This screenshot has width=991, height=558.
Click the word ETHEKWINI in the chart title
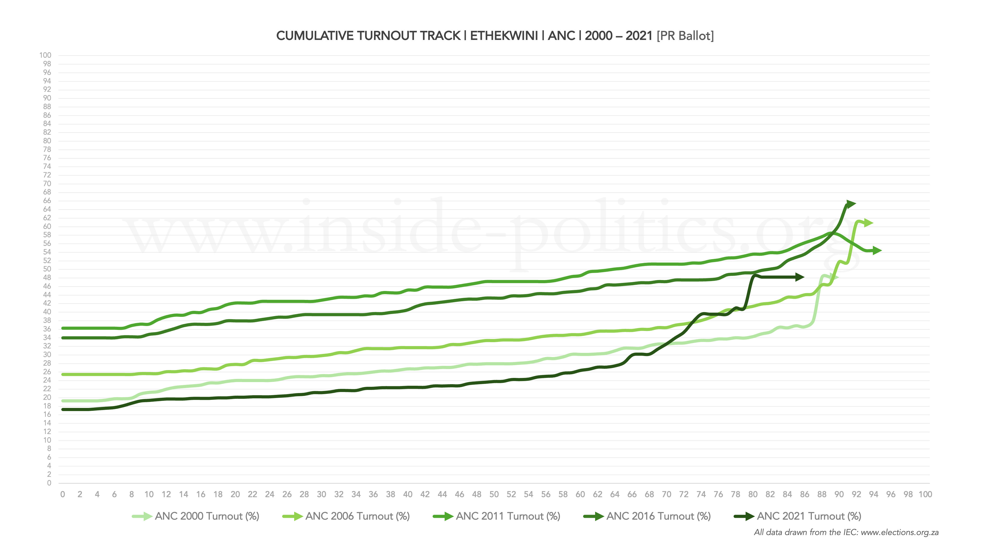click(x=504, y=36)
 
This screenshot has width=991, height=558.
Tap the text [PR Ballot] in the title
click(x=685, y=36)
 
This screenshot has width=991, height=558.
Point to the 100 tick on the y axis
click(x=45, y=55)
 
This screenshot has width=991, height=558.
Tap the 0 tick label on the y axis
click(x=49, y=483)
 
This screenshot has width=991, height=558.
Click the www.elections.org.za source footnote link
click(x=899, y=532)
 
